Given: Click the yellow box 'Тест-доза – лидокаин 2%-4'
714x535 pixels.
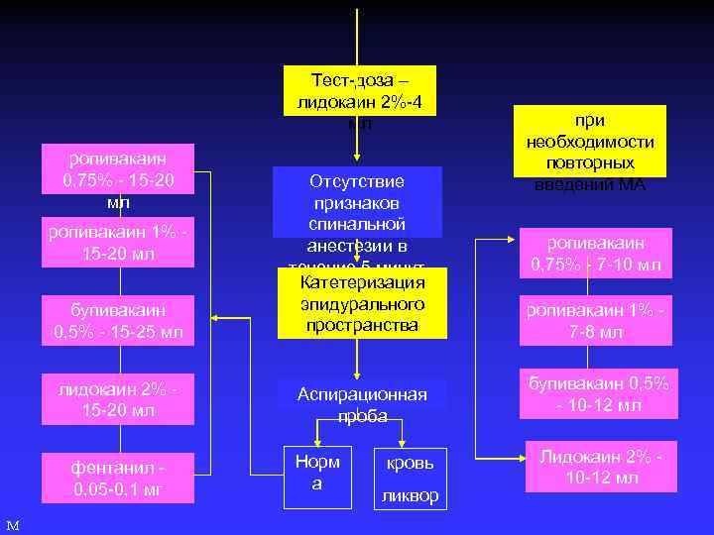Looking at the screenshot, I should pyautogui.click(x=359, y=91).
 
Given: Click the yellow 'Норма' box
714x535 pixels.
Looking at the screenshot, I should pyautogui.click(x=317, y=472).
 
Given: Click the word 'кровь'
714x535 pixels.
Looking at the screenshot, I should pyautogui.click(x=410, y=463).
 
